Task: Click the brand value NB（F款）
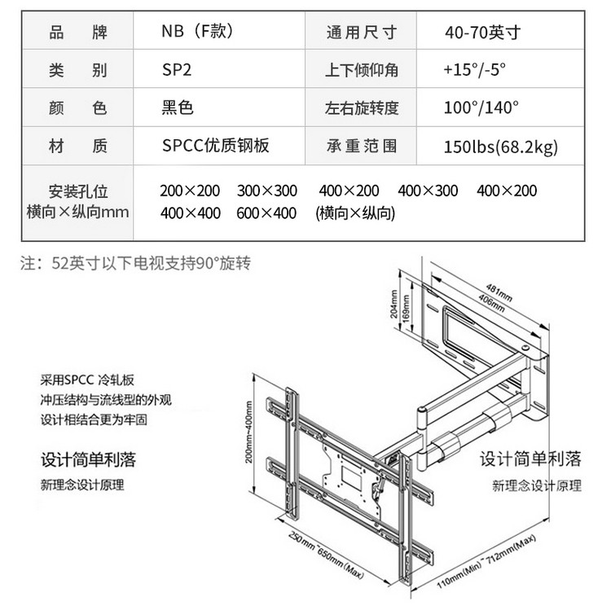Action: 198,32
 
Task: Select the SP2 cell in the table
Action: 177,70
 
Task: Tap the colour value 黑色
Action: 178,108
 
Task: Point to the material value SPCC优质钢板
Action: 215,146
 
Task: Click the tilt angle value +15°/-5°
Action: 475,70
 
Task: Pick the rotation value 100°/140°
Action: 481,108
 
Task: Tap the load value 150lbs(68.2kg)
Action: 501,147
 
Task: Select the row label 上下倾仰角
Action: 362,70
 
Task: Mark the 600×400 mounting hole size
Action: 267,213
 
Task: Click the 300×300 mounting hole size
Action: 267,191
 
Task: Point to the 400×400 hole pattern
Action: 190,213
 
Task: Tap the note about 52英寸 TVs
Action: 135,263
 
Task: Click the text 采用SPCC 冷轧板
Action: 90,380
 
